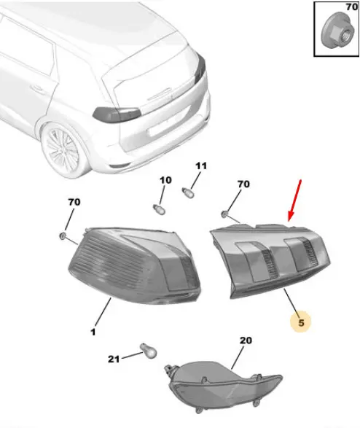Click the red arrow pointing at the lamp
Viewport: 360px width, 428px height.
[x=295, y=201]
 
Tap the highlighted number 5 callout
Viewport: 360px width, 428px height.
[x=301, y=322]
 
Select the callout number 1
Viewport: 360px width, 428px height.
[x=93, y=332]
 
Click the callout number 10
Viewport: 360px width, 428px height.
[x=165, y=180]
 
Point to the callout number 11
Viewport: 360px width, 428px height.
[x=201, y=166]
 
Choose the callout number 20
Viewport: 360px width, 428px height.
[x=246, y=341]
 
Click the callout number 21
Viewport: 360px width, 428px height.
[x=114, y=359]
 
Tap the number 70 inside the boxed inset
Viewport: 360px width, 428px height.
[x=351, y=7]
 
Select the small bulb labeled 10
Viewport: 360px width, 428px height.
[x=159, y=209]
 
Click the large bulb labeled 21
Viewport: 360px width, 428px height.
[x=149, y=351]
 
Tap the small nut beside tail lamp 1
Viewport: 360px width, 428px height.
[x=63, y=236]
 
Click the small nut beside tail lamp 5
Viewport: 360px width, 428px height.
[x=225, y=215]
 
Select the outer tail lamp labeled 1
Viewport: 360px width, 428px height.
[x=134, y=265]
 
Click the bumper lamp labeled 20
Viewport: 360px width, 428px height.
[x=223, y=385]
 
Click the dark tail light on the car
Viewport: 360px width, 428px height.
[x=117, y=114]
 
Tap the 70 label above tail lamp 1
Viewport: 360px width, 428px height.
[x=74, y=202]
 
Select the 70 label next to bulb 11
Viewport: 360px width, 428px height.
[x=243, y=184]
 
